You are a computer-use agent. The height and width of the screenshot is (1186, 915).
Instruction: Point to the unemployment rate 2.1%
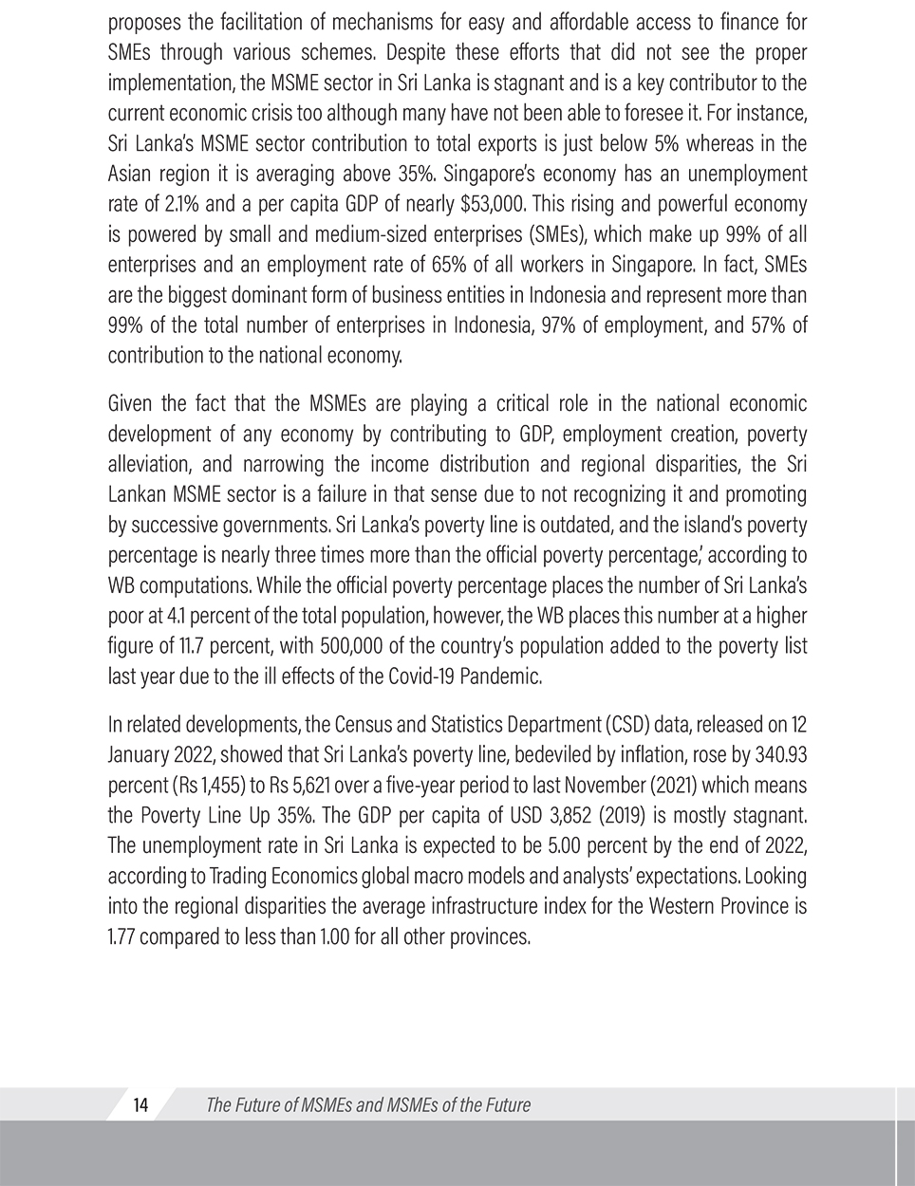click(178, 204)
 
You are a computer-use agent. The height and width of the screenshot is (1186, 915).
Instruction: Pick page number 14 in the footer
click(141, 1104)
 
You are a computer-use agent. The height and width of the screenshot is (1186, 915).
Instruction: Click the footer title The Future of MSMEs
click(367, 1104)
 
